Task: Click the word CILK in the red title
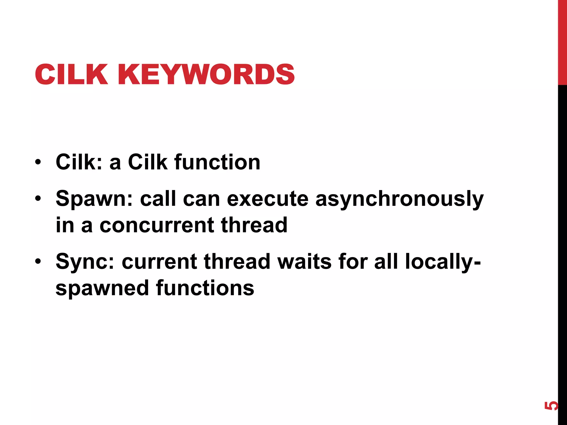coord(71,74)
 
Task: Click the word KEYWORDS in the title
coord(206,74)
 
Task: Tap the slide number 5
coord(551,406)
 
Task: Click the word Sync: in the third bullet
coord(85,261)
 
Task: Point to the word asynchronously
coord(399,199)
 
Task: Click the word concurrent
coord(157,225)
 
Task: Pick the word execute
coord(267,199)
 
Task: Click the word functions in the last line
coord(205,288)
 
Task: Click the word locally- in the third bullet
coord(443,261)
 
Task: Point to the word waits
coord(304,261)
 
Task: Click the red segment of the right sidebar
coord(562,42)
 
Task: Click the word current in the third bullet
coord(159,261)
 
